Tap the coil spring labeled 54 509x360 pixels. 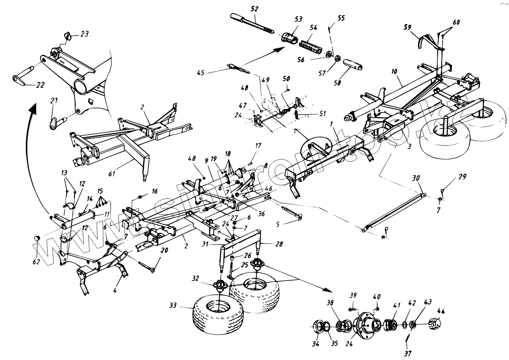click(x=310, y=46)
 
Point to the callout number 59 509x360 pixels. click(x=408, y=27)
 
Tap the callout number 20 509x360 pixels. click(x=164, y=250)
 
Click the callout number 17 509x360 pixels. click(x=258, y=146)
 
